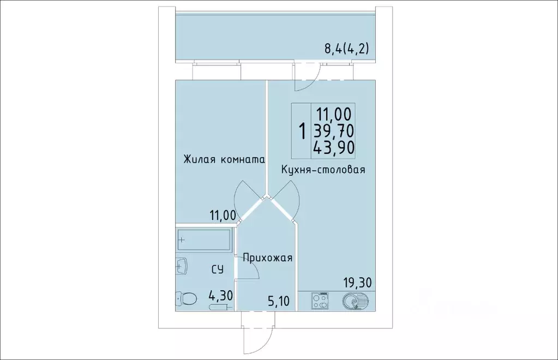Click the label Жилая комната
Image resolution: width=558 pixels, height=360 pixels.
coord(224,160)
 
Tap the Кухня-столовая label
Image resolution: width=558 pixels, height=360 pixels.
coord(323,170)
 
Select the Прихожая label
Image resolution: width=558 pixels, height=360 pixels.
coord(268,258)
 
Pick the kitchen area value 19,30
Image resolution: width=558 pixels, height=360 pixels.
coord(358,283)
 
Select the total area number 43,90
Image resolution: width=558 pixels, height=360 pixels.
coord(333,147)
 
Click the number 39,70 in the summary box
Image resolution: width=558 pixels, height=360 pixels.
coord(333,130)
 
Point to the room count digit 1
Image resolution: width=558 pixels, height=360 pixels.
coord(301,130)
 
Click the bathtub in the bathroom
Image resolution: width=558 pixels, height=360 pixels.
coord(203,239)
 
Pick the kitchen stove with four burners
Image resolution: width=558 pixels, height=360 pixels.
coord(320,301)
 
